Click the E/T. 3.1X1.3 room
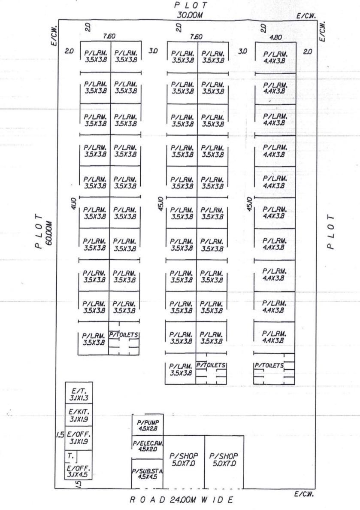click(78, 394)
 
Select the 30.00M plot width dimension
click(191, 15)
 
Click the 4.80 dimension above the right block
click(275, 37)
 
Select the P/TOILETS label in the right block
click(269, 366)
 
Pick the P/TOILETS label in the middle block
click(212, 365)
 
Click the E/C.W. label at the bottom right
click(304, 494)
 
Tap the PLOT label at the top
click(191, 5)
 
